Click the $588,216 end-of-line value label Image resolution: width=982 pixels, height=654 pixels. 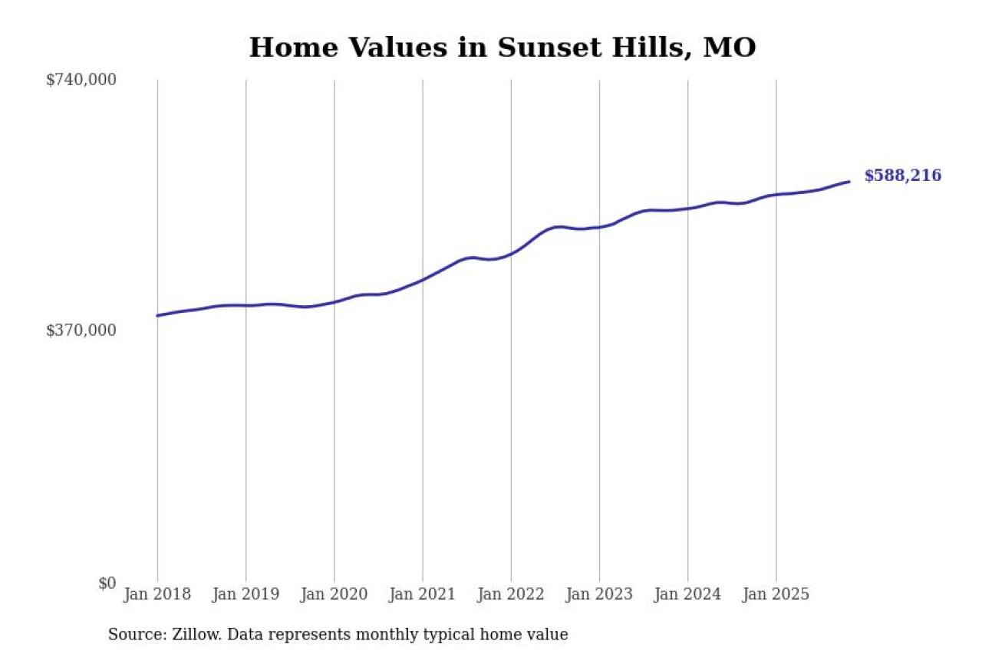click(x=902, y=176)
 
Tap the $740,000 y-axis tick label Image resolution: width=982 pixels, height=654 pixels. click(x=81, y=80)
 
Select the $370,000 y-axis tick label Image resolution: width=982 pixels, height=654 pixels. click(x=81, y=330)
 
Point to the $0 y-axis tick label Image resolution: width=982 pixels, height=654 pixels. click(x=107, y=583)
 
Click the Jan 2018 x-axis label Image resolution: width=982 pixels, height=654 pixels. click(x=157, y=594)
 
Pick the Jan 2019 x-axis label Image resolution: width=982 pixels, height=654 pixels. click(x=245, y=594)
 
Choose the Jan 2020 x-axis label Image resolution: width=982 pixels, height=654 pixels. click(x=334, y=594)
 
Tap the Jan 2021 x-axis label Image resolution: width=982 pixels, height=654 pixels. click(x=422, y=594)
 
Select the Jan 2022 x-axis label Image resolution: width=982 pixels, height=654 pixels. click(x=510, y=594)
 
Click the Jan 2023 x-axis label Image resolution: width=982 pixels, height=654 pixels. click(x=599, y=594)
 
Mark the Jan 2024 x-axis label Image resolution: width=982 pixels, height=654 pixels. click(x=687, y=594)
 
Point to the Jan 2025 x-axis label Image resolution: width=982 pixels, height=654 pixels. click(x=776, y=594)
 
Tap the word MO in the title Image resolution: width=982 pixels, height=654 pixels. click(x=730, y=48)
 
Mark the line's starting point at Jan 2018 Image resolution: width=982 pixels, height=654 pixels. click(x=157, y=315)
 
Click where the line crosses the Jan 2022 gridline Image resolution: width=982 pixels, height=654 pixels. click(x=511, y=252)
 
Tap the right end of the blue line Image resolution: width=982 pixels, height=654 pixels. click(x=849, y=182)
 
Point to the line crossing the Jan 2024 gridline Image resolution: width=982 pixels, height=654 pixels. click(x=687, y=208)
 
